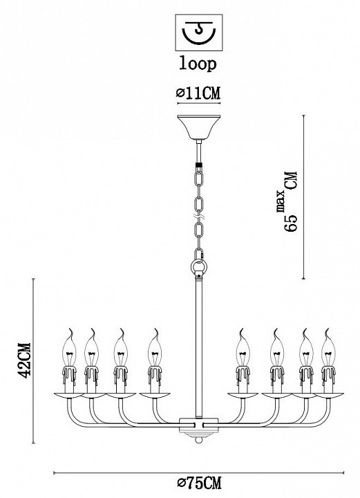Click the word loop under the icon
pos(198,64)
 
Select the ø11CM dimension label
pos(198,93)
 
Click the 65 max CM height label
pos(290,202)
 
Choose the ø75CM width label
pos(199,483)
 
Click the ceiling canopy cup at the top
pos(199,127)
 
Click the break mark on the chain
pos(199,217)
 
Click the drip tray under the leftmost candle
pos(69,396)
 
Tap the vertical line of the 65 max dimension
pos(304,197)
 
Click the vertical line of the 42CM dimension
pos(34,361)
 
